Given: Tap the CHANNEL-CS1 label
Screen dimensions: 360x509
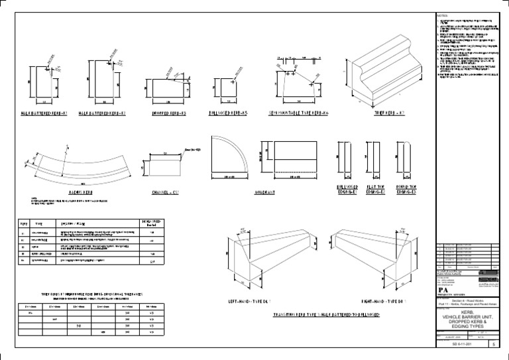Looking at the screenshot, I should pos(164,192).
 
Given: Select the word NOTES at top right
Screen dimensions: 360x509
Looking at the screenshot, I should pos(443,15).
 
